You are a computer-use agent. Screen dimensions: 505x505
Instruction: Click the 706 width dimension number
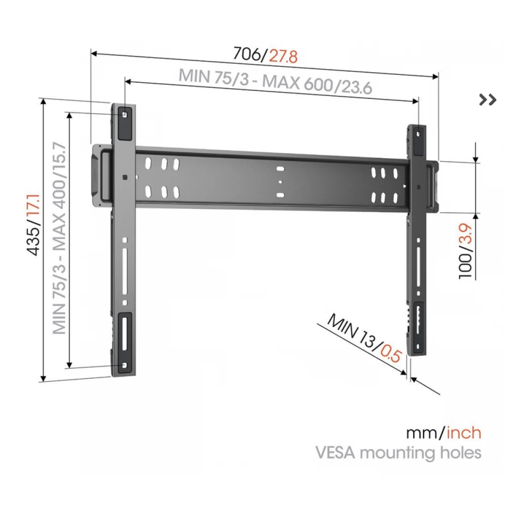click(x=247, y=53)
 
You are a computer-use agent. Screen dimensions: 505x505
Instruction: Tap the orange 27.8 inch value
click(x=283, y=57)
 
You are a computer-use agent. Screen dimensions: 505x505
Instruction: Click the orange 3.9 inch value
click(x=466, y=233)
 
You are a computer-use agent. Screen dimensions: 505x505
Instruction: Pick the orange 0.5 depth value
click(x=391, y=352)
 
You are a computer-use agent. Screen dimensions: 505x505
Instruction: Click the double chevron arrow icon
click(x=488, y=99)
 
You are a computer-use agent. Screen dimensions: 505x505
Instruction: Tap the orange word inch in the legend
click(x=464, y=433)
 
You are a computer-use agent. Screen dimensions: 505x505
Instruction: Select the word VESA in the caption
click(x=336, y=452)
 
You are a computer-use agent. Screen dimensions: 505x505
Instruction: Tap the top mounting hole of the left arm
click(x=125, y=114)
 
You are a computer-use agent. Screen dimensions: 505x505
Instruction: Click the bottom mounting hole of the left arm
click(x=125, y=366)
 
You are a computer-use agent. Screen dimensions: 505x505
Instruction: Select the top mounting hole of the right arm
click(x=418, y=133)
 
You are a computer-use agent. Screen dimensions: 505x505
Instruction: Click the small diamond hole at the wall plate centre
click(x=280, y=182)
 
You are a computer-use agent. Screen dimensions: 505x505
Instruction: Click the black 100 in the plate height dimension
click(x=466, y=266)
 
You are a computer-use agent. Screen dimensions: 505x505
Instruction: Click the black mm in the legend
click(x=423, y=433)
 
